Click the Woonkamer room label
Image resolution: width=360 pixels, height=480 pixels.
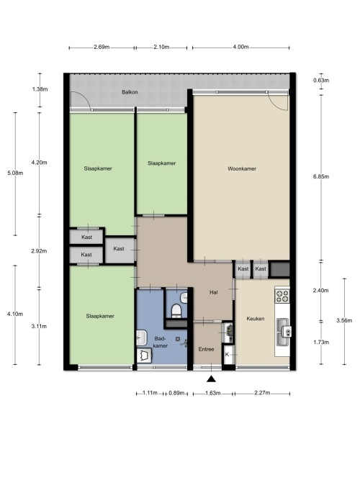242,168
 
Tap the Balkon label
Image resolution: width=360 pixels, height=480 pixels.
130,92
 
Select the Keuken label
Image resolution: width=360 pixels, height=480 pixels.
255,319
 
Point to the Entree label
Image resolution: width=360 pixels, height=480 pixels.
206,349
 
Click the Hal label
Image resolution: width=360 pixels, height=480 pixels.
214,292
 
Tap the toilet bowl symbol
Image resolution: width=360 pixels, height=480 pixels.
176,310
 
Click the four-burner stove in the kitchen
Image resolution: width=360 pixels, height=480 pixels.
282,296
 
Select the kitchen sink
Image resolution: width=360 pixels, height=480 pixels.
283,332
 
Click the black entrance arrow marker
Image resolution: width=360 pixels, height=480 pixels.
211,379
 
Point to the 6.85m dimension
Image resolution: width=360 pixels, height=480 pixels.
321,176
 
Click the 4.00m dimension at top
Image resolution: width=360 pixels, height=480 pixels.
240,47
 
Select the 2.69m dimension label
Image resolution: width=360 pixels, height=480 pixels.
102,47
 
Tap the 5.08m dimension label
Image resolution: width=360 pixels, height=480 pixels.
15,173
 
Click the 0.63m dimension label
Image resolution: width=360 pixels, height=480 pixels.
321,81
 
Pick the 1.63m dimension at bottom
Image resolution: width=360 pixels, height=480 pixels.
212,393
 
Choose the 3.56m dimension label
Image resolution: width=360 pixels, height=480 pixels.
344,321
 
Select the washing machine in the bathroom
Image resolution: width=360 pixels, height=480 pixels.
144,356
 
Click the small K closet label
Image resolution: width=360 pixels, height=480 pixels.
227,355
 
